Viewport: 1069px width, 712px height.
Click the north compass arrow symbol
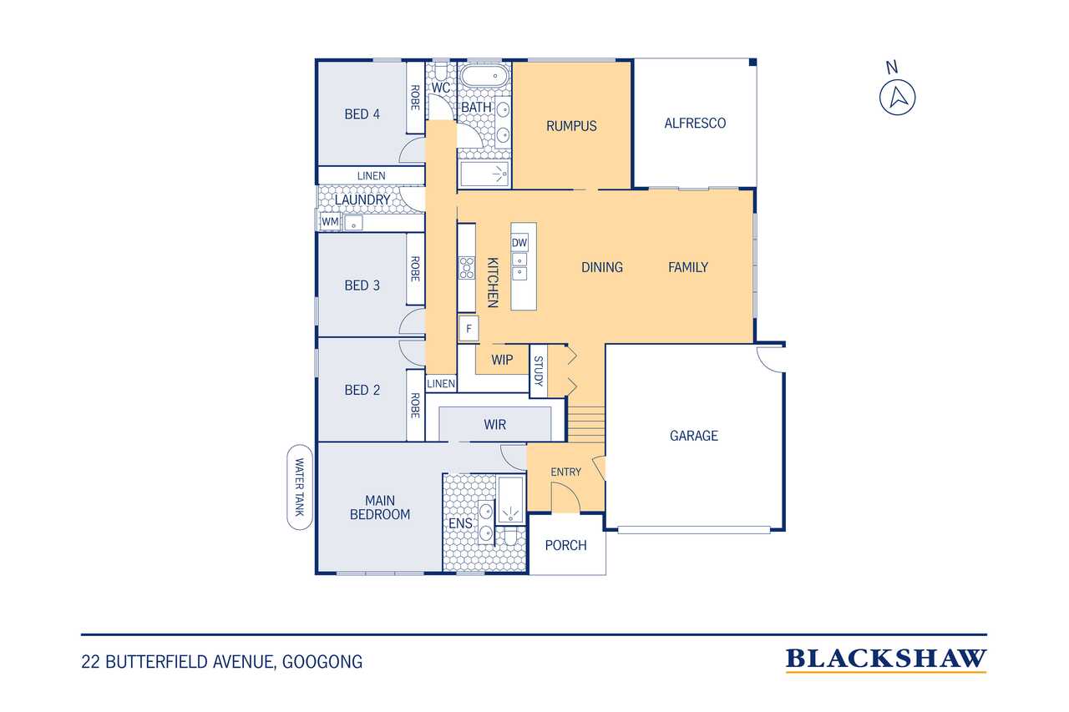pos(898,98)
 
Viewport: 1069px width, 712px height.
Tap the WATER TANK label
pos(299,487)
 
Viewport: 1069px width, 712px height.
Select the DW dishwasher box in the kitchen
pos(519,243)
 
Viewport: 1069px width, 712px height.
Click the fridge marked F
pos(469,328)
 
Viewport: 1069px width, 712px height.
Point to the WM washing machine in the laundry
pos(330,222)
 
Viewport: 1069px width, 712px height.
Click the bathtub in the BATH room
pos(484,75)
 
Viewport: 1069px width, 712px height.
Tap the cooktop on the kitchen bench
pos(467,268)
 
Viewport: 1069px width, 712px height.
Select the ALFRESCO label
pos(695,123)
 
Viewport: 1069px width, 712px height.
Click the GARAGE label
pos(694,436)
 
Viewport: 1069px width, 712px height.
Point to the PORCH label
pos(566,545)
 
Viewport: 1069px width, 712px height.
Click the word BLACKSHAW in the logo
pos(886,659)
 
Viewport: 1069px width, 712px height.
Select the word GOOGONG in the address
pos(322,662)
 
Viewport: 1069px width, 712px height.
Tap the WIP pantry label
pos(502,360)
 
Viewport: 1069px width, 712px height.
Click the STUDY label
pos(539,371)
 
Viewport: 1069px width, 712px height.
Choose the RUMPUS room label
pos(571,126)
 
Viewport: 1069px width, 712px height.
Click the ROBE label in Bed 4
pos(415,98)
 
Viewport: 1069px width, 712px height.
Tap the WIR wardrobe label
pos(494,424)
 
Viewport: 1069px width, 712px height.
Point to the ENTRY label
pos(566,472)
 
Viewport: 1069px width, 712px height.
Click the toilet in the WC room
pos(440,71)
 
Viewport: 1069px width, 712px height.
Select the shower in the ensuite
pos(510,501)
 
